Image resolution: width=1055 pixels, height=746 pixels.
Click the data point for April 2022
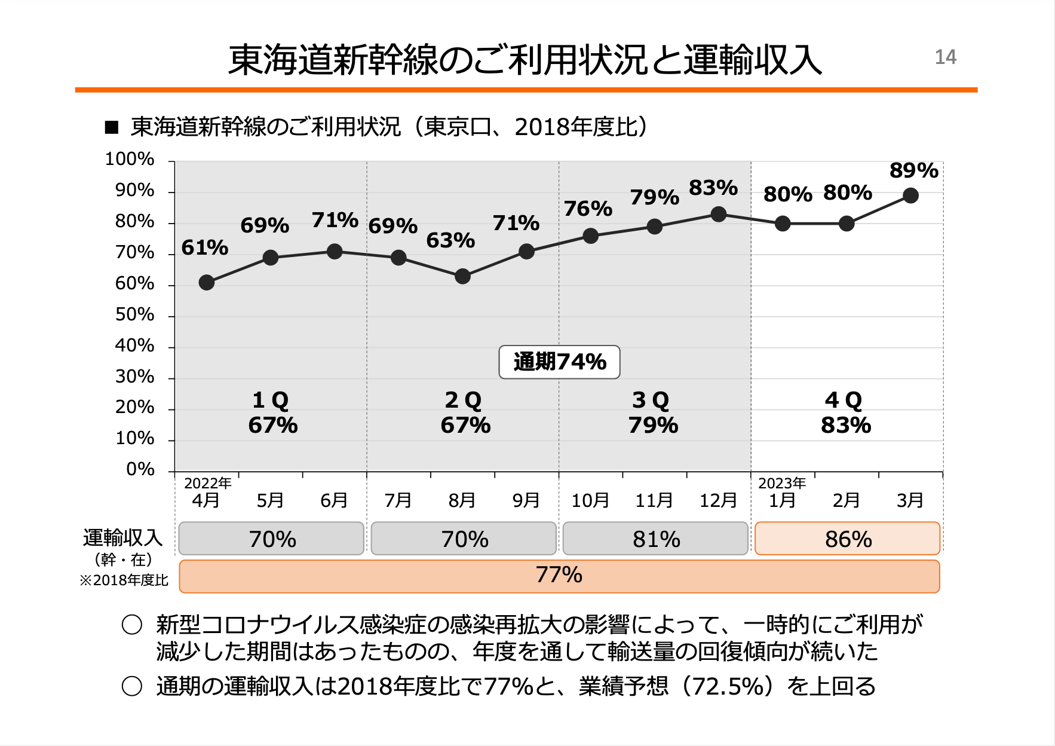tap(207, 282)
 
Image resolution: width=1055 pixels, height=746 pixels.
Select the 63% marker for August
tap(462, 276)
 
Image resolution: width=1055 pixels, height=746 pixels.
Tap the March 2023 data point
tap(910, 195)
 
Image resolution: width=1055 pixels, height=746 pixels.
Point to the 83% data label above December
tap(713, 188)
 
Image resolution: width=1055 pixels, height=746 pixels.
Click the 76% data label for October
tap(588, 209)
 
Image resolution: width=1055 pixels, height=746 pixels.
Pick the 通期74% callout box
tap(559, 362)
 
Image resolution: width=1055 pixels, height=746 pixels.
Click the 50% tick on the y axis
tap(134, 314)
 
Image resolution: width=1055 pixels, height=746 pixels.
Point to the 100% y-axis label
tap(130, 159)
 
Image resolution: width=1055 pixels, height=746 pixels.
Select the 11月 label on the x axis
tap(654, 500)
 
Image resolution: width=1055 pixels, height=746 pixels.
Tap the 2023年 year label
tap(782, 483)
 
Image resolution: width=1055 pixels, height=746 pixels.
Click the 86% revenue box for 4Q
tap(847, 539)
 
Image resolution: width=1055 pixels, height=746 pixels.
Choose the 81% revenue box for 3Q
tap(655, 539)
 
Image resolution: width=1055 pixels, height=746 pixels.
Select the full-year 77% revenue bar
tap(559, 576)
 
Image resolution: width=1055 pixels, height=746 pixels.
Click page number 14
tap(945, 57)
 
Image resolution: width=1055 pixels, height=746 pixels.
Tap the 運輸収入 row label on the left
tap(122, 538)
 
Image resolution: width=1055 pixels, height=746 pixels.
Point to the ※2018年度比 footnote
tap(124, 580)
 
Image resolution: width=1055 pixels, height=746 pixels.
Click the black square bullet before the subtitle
tap(112, 127)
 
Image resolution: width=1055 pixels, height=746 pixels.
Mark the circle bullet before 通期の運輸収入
tap(132, 686)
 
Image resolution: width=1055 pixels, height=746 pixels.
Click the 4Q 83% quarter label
tap(845, 412)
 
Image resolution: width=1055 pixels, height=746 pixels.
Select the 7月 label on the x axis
tap(398, 500)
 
